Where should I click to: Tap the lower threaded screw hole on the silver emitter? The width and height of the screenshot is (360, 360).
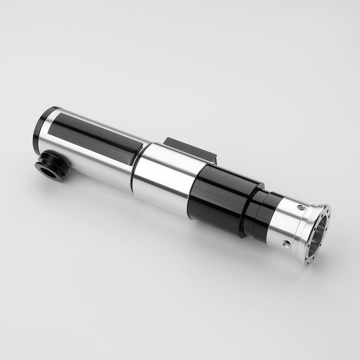[287, 243]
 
